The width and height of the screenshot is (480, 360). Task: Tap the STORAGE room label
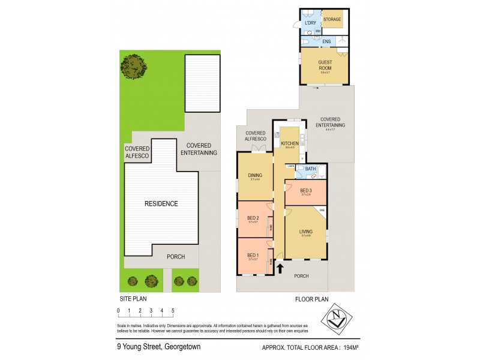(332, 19)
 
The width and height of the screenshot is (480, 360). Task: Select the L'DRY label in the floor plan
(310, 23)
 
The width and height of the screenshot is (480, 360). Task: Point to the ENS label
(326, 41)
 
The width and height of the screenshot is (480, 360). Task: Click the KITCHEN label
(290, 144)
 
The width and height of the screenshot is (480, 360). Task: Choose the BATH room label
(310, 169)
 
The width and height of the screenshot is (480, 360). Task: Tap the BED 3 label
(306, 191)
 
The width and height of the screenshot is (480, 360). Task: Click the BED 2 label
(253, 218)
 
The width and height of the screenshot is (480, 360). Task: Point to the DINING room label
(255, 176)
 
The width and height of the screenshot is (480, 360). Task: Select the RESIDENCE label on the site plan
(161, 203)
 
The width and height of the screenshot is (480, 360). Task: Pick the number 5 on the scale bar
(173, 310)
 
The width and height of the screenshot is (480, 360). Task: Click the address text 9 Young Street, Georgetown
(158, 346)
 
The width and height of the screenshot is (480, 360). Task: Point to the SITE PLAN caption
(131, 298)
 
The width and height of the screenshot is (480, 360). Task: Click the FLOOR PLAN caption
(311, 298)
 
